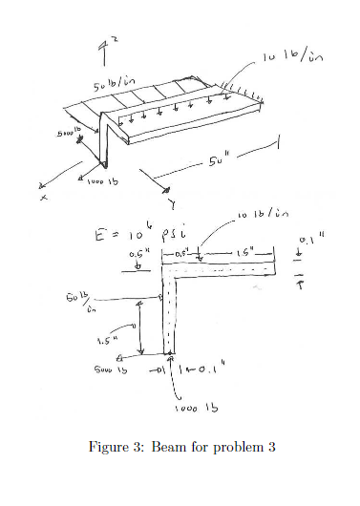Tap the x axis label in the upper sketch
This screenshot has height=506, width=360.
coord(44,199)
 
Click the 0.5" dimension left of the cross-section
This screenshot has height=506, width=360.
coord(139,256)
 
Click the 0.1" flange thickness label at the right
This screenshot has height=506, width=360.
coord(307,241)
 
